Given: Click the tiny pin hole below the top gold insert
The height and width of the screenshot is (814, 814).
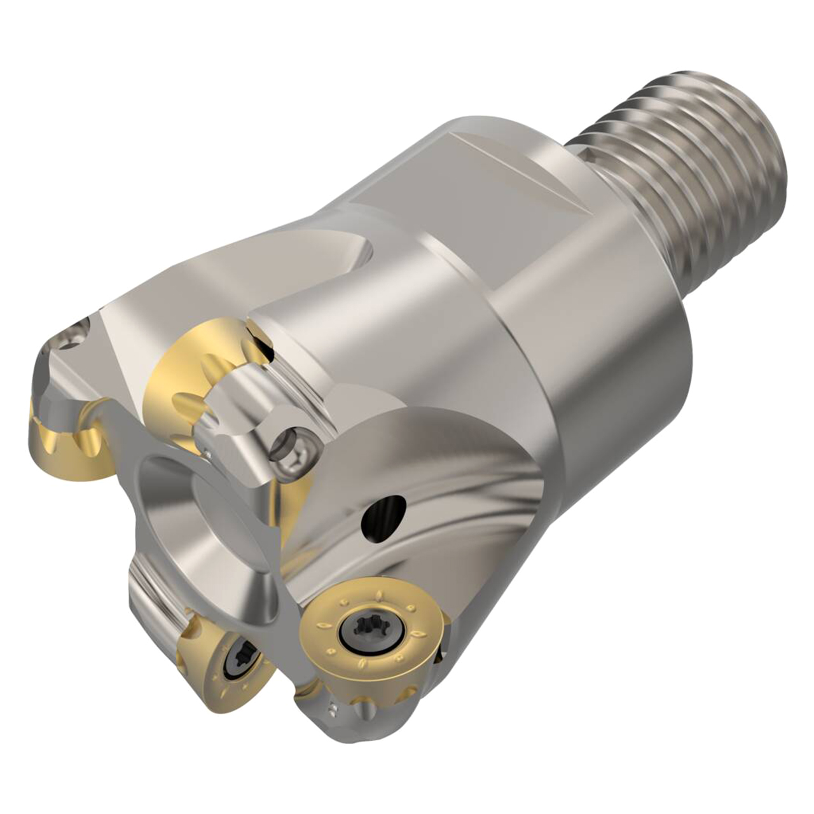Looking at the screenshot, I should point(209,454).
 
